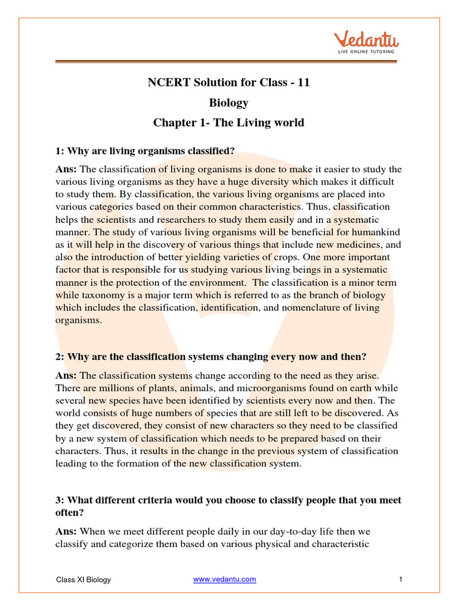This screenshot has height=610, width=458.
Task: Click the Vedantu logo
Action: (x=366, y=41)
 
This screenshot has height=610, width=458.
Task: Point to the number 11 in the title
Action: (x=303, y=83)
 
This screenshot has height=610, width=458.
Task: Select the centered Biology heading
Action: (x=228, y=102)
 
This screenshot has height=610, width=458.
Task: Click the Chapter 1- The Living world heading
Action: (x=228, y=123)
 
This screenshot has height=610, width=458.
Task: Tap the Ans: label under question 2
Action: (x=67, y=375)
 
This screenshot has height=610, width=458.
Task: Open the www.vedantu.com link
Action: (x=225, y=579)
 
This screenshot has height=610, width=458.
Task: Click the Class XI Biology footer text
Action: (x=83, y=580)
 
